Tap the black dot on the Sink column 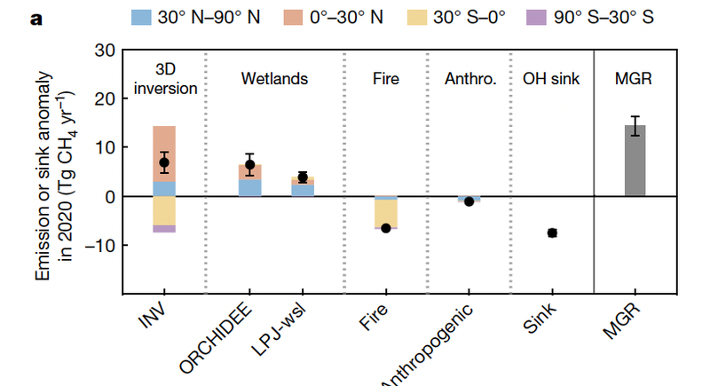tap(552, 232)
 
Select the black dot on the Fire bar tap(386, 228)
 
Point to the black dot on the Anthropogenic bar tap(469, 201)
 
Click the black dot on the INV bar tap(164, 162)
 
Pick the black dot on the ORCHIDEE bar tap(249, 165)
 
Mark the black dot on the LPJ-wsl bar tap(303, 177)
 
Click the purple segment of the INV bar tap(164, 229)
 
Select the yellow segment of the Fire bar tap(386, 214)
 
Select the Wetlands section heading tap(274, 79)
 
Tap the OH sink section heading tap(551, 79)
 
